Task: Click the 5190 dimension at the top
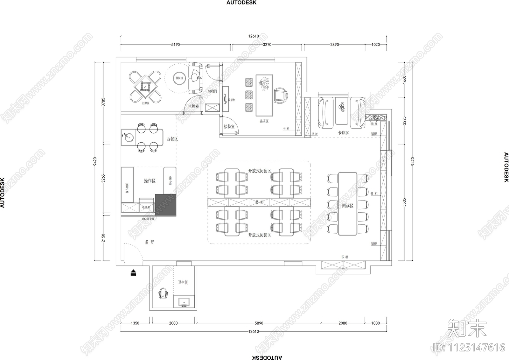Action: coord(176,45)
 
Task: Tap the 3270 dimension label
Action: coord(267,45)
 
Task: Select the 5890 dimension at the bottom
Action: coord(259,323)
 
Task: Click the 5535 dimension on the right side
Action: coord(404,202)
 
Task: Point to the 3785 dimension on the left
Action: coord(103,102)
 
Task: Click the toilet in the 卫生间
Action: coord(163,293)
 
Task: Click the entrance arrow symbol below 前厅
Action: coord(133,273)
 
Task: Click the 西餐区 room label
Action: coord(172,139)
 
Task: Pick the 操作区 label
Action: coord(150,181)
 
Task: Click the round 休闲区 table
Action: coord(179,78)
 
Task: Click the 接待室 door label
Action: coord(229,127)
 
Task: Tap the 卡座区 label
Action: coord(344,133)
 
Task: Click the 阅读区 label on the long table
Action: coord(347,206)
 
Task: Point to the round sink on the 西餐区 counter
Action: coord(129,138)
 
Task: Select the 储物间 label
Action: coord(212,91)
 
